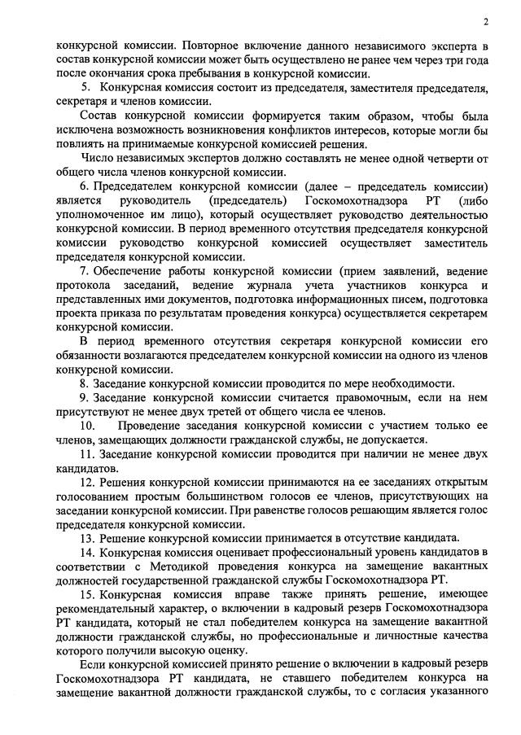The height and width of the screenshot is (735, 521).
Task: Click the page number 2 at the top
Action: [x=486, y=21]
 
